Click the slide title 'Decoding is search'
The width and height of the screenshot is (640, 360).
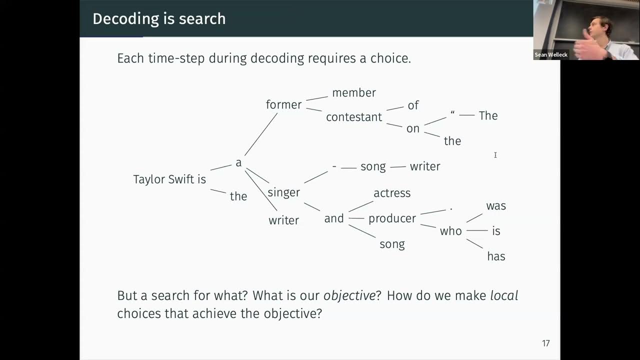[x=159, y=18]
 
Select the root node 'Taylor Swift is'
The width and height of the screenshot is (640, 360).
[x=169, y=179]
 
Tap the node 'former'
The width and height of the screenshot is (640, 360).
[x=283, y=104]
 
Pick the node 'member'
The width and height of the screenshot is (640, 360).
[x=354, y=92]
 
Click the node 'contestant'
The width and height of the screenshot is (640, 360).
[x=354, y=117]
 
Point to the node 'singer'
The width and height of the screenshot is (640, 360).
[x=283, y=192]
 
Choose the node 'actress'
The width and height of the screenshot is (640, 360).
[x=392, y=193]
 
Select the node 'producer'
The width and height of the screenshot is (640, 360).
[x=392, y=218]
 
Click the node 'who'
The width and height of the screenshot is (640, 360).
[x=450, y=231]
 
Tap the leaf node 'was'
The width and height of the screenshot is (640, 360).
[x=496, y=206]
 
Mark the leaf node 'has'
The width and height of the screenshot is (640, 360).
[x=496, y=256]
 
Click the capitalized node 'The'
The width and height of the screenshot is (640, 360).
[x=488, y=115]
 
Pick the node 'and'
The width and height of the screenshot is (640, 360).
[x=334, y=218]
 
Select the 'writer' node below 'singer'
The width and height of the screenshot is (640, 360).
[x=283, y=220]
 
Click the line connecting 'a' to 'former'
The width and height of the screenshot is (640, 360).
[x=260, y=134]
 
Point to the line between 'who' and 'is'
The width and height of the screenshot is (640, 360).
[x=477, y=230]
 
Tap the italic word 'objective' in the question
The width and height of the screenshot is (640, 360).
[x=349, y=295]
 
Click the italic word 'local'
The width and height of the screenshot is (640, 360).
[x=504, y=295]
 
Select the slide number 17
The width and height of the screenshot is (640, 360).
[x=545, y=343]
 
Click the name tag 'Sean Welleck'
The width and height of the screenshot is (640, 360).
[x=551, y=55]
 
